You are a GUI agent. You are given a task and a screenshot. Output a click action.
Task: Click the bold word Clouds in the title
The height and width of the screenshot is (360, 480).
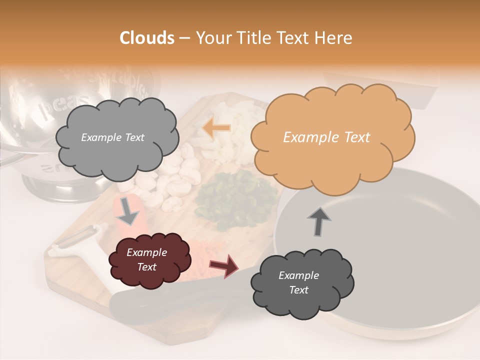[147, 38]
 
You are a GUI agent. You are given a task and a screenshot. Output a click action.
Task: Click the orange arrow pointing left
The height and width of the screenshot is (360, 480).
[216, 128]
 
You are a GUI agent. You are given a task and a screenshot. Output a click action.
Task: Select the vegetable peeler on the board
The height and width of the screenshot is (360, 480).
[80, 240]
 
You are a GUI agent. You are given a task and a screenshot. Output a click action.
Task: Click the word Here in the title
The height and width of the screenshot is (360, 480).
[336, 38]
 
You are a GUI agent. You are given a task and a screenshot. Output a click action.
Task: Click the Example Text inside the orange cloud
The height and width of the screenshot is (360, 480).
[326, 137]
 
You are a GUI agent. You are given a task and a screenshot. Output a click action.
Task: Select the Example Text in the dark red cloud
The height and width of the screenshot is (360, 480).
[146, 260]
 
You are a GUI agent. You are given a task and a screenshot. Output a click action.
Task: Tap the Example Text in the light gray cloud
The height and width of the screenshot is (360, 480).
[112, 137]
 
